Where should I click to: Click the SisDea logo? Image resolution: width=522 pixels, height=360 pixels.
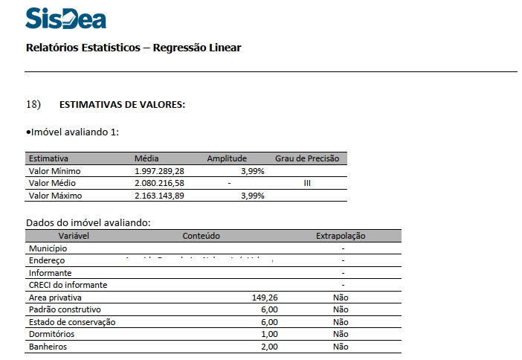65,19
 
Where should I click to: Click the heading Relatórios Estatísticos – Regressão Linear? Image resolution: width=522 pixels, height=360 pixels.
133,48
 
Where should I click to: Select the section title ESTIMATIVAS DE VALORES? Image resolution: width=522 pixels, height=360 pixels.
122,105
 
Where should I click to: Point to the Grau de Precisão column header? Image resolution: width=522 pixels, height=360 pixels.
306,158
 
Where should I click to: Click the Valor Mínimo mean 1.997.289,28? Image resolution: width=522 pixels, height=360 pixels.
159,171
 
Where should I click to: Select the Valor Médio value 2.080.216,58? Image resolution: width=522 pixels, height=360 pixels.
159,183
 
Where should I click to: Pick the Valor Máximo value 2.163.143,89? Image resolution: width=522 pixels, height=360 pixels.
159,196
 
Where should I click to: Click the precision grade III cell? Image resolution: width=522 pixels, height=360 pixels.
307,183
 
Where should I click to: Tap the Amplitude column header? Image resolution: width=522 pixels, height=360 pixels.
226,158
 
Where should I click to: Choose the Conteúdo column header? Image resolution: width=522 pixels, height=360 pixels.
201,236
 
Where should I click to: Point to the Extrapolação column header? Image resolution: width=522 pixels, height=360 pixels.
341,236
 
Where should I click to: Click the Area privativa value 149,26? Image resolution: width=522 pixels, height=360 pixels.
265,298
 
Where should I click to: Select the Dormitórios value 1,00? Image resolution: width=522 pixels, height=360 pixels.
268,334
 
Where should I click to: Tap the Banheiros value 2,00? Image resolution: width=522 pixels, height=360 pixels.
268,347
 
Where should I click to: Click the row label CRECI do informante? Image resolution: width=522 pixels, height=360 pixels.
68,285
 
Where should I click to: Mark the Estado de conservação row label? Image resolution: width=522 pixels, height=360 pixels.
72,322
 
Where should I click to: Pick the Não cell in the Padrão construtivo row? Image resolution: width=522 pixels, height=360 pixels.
341,309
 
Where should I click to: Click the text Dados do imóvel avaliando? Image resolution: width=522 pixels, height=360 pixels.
88,222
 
